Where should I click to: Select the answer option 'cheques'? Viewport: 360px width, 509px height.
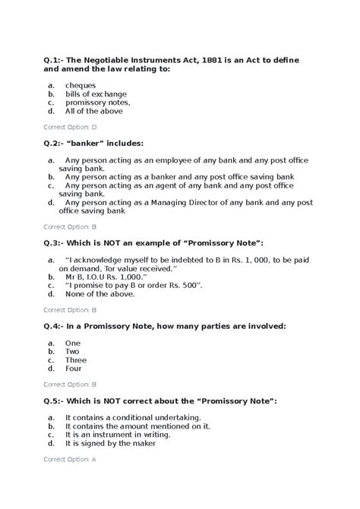coord(80,85)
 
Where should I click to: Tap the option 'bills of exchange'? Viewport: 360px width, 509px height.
coord(96,93)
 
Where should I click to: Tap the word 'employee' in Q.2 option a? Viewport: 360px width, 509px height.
coord(174,160)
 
